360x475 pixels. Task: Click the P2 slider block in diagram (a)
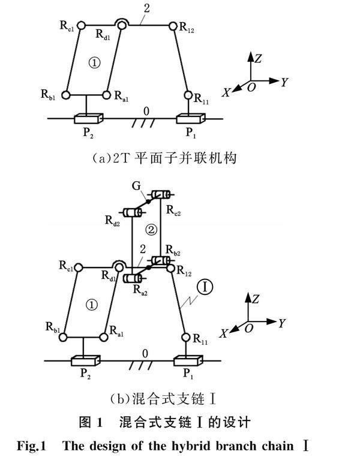point(88,118)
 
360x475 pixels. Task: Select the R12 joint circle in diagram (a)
point(173,26)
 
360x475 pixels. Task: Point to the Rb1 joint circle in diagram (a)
point(66,94)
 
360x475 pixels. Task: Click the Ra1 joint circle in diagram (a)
point(106,94)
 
